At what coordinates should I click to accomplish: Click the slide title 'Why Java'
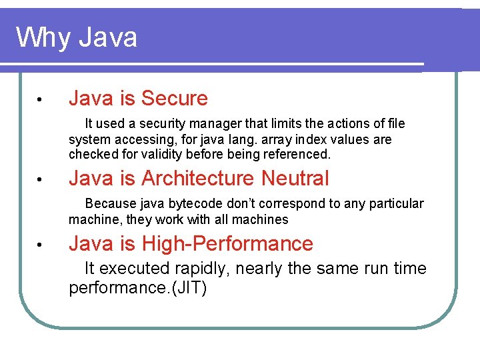(76, 37)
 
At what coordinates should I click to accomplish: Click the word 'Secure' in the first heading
(175, 99)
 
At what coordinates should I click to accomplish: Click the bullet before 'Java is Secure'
(40, 100)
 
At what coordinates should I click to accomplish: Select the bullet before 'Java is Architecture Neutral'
(40, 180)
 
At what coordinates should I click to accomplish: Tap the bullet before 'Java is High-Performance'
(40, 245)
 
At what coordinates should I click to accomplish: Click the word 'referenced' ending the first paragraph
(297, 155)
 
